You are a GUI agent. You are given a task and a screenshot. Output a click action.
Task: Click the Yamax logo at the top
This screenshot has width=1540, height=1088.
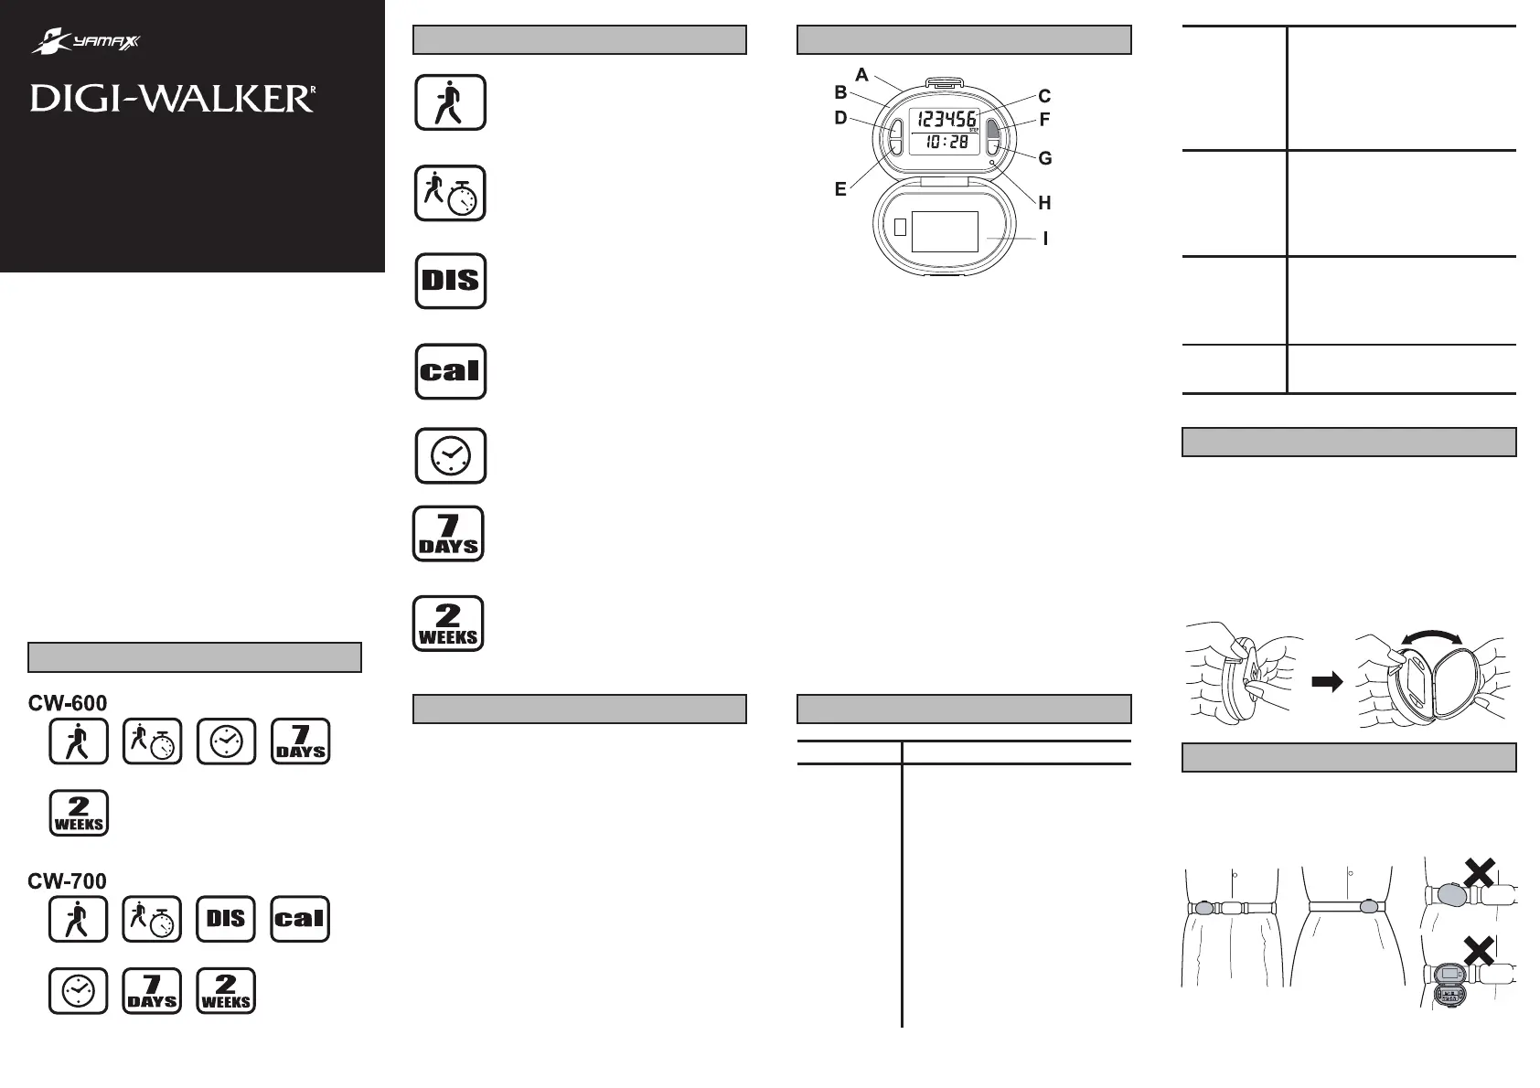tap(86, 41)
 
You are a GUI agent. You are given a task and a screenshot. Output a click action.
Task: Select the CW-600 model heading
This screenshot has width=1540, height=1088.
tap(68, 703)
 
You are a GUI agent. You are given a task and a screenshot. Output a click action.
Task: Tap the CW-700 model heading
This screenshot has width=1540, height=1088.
tap(68, 881)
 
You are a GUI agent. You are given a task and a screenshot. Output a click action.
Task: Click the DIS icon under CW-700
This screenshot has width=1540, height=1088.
tap(226, 919)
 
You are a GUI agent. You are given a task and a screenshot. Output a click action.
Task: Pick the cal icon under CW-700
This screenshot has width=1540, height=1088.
tap(300, 919)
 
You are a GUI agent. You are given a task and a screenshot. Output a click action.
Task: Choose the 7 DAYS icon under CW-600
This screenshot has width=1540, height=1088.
tap(300, 741)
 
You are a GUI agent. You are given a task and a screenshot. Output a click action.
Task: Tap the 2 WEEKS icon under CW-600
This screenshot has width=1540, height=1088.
tap(79, 813)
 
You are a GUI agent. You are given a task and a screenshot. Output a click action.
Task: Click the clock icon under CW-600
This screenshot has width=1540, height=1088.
tap(226, 741)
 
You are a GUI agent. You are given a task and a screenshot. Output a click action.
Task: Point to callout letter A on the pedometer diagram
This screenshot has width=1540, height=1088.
tap(862, 75)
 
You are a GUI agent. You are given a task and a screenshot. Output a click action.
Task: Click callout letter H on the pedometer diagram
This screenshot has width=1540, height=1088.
tap(1044, 202)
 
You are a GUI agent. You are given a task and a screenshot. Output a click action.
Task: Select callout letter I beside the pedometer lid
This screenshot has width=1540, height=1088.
tap(1045, 239)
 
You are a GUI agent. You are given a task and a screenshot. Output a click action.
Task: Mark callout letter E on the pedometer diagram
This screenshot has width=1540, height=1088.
tap(840, 189)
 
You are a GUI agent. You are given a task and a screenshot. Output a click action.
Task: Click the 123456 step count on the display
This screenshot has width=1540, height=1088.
tap(946, 119)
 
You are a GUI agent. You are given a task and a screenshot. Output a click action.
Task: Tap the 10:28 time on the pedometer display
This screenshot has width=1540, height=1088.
tap(946, 142)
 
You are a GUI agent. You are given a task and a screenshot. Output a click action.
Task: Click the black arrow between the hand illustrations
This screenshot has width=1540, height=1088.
tap(1327, 681)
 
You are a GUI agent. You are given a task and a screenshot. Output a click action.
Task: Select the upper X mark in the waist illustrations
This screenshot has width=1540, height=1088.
tap(1478, 873)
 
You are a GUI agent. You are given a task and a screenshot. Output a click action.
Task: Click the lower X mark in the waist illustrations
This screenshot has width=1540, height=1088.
tap(1478, 951)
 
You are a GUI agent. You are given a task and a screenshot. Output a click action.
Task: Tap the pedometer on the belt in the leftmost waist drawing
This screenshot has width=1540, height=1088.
tap(1203, 908)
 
